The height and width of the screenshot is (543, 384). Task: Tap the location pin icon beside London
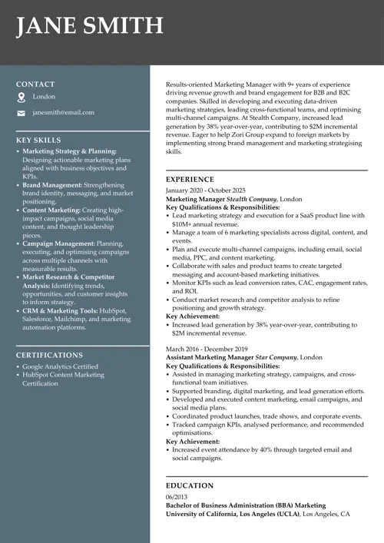[x=22, y=98]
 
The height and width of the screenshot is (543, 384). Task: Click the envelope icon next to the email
[x=22, y=113]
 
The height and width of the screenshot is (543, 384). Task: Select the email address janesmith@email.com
[x=64, y=112]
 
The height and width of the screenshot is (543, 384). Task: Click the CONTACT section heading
[x=35, y=84]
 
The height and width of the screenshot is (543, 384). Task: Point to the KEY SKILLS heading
[x=38, y=141]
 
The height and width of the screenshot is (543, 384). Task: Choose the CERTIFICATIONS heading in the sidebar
[x=49, y=356]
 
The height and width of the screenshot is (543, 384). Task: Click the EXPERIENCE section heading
[x=192, y=179]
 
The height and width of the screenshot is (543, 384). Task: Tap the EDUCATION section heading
[x=190, y=485]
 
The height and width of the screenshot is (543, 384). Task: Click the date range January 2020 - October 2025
[x=206, y=190]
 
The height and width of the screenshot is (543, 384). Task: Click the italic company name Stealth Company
[x=252, y=198]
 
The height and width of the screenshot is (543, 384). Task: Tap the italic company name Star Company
[x=276, y=357]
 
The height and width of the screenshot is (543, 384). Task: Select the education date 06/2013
[x=177, y=497]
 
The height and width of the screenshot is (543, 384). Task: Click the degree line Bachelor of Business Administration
[x=230, y=505]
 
